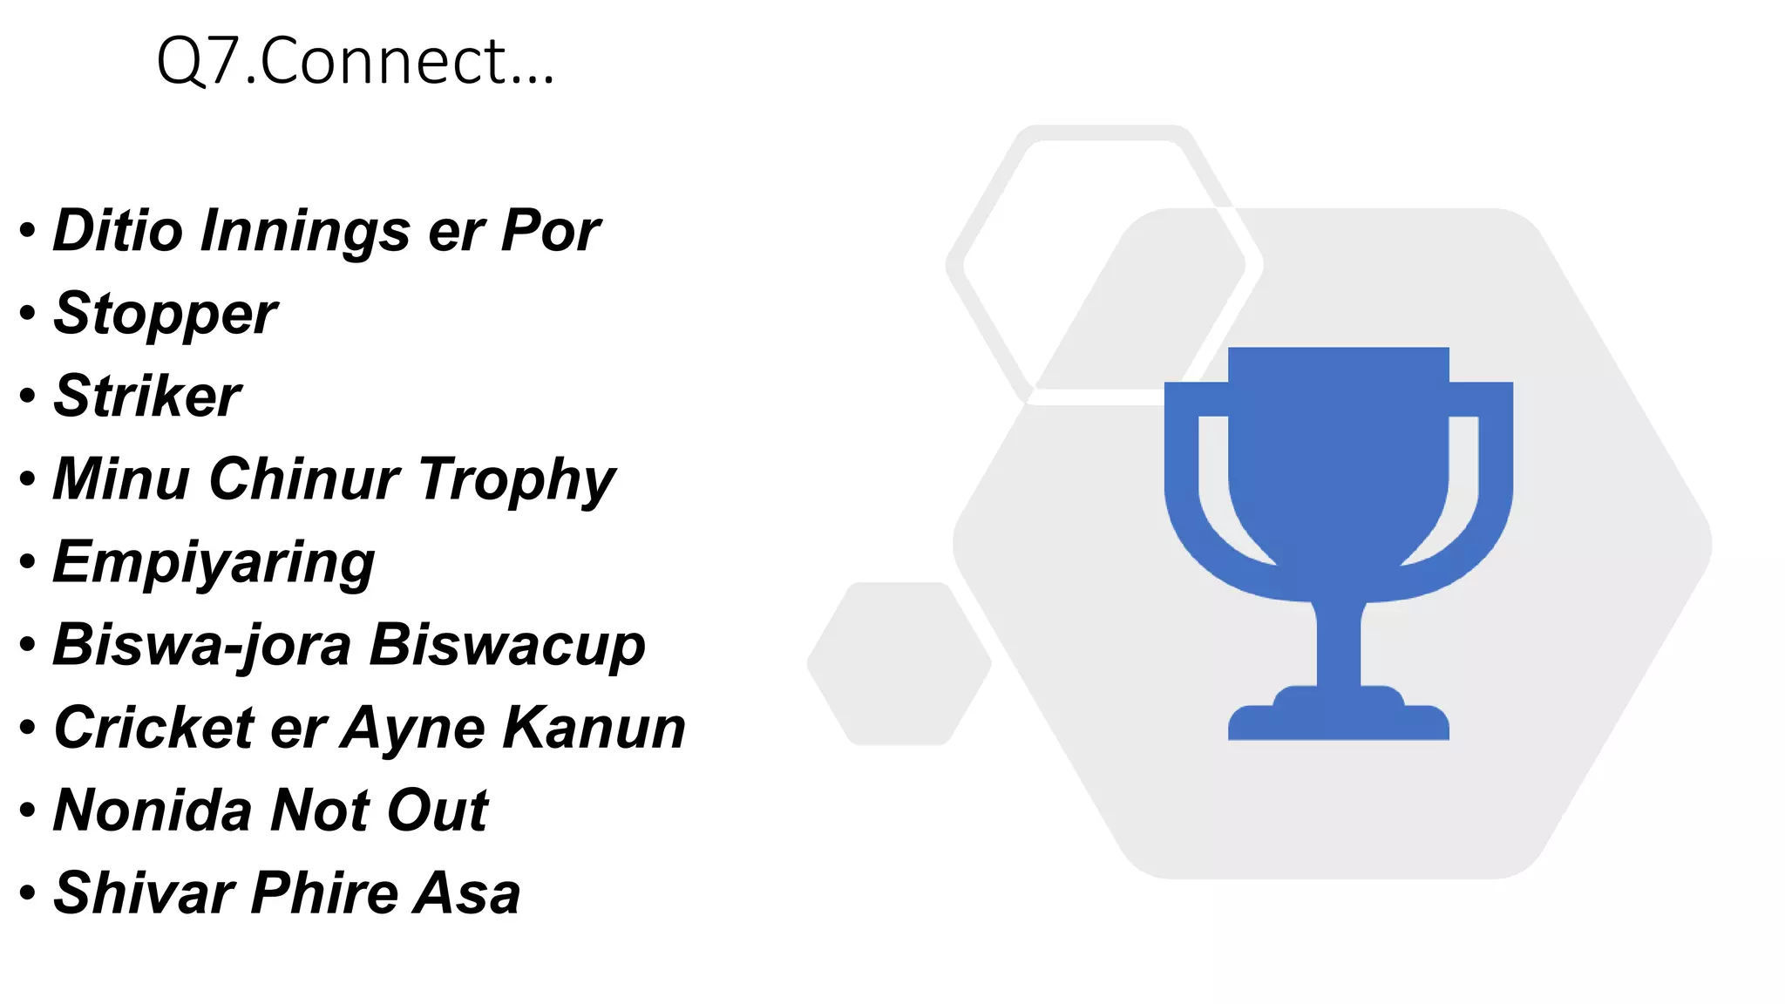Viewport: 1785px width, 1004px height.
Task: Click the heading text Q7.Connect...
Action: coord(355,62)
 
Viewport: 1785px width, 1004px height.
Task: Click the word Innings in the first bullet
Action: coord(304,231)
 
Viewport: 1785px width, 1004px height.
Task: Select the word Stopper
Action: coord(166,314)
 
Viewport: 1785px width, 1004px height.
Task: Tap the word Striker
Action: coord(147,397)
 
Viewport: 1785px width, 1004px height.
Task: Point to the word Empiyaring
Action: coord(214,562)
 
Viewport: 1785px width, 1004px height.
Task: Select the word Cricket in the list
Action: coord(154,728)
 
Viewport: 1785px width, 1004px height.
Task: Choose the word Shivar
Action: coord(144,893)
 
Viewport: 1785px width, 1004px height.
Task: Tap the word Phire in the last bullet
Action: coord(322,893)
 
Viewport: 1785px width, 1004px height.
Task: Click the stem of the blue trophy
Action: coord(1339,645)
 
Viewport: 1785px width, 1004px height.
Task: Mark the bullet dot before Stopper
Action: coord(28,313)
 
